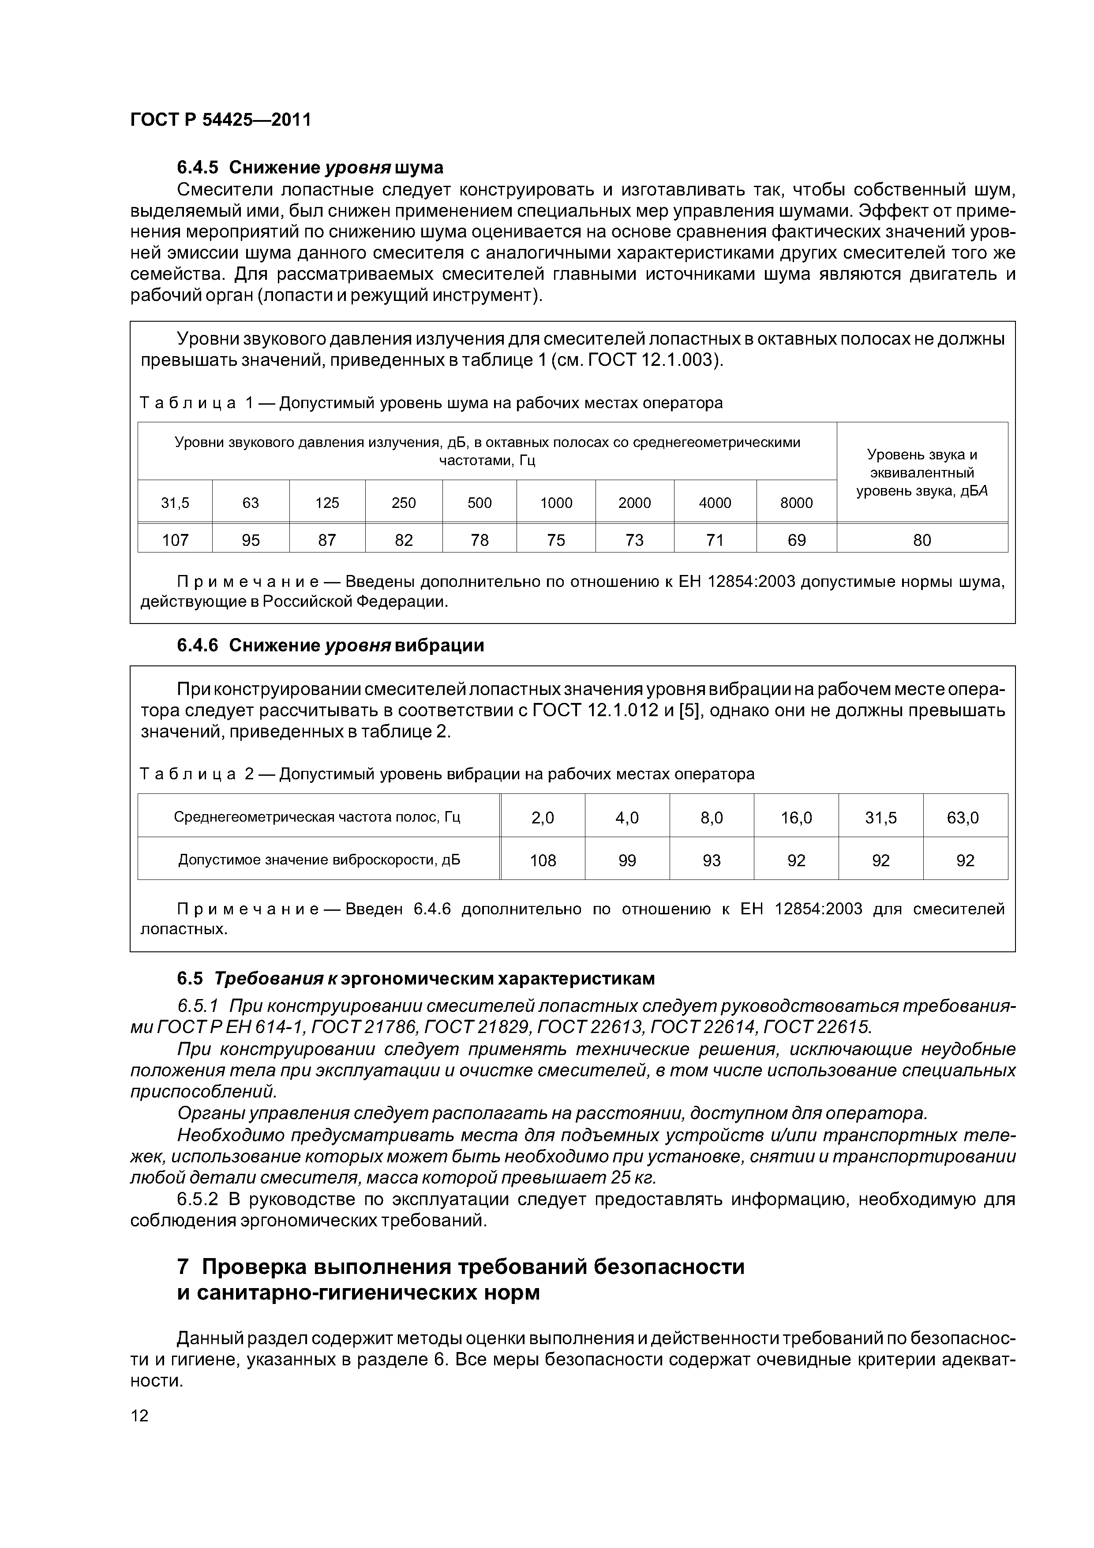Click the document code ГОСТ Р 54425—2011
click(x=221, y=120)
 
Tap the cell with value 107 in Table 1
click(x=175, y=540)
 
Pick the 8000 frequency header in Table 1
click(x=796, y=503)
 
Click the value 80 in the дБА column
click(x=922, y=540)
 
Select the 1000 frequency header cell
click(x=556, y=503)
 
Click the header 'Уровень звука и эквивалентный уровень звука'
click(x=922, y=473)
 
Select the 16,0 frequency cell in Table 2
click(x=796, y=818)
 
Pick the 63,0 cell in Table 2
click(x=965, y=818)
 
